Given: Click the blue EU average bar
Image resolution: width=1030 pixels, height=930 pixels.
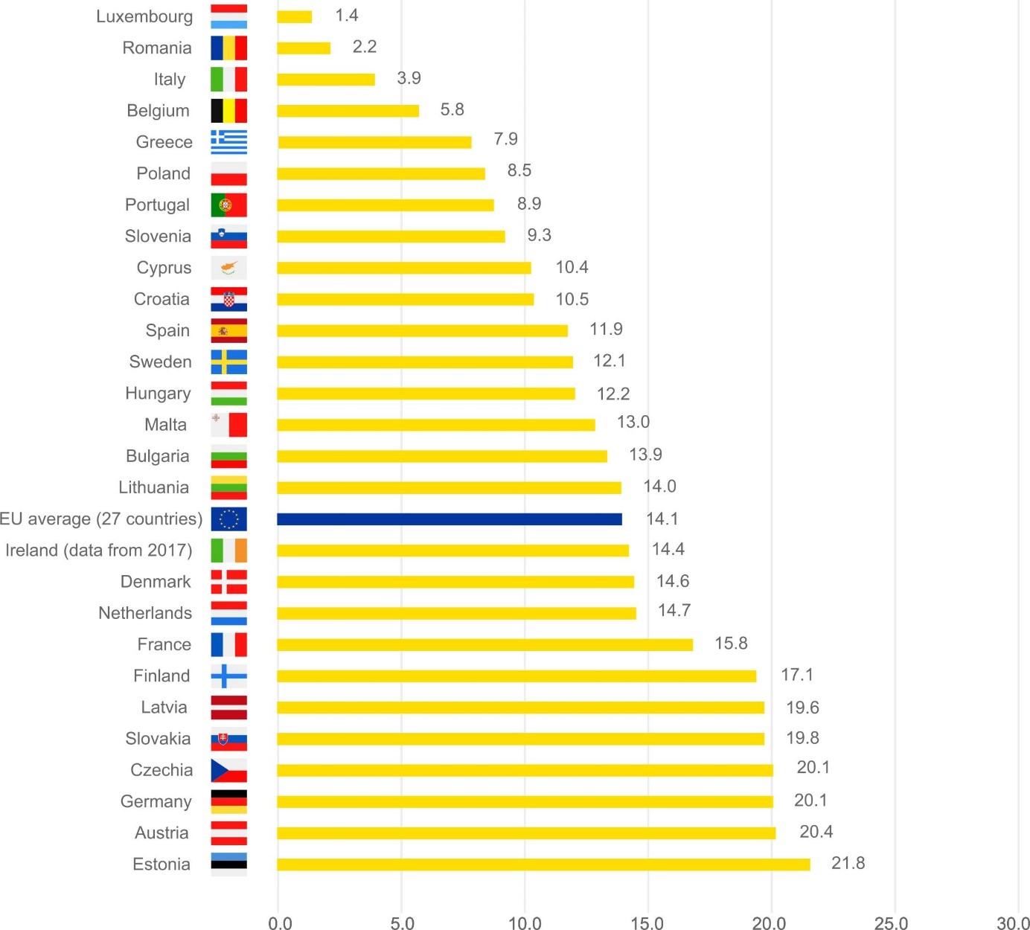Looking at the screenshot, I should coord(449,519).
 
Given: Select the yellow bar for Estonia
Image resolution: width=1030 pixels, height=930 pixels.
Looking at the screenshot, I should coord(543,865).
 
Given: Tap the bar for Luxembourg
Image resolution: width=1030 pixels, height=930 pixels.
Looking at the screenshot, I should coord(295,16).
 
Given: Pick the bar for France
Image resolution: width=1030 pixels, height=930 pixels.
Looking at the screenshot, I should coord(484,644).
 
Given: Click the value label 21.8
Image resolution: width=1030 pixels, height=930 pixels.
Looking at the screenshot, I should coord(848,863).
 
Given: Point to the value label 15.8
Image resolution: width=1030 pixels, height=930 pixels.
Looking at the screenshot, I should coord(731,644).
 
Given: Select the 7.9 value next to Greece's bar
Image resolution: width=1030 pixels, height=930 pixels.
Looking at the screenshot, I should coord(505,139).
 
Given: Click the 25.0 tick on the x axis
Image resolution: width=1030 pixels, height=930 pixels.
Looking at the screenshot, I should coord(891,923).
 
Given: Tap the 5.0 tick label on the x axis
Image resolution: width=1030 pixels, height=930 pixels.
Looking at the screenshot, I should coord(402,923).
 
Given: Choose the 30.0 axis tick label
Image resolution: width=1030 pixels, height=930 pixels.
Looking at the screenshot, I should coord(1013,923).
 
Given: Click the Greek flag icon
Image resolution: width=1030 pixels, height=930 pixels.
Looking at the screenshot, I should coord(228,142).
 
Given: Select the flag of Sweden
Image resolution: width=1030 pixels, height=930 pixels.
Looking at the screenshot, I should coord(228,362).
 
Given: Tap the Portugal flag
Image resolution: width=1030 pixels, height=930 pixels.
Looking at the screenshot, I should coord(228,205).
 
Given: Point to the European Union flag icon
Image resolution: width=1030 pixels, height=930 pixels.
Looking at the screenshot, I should coord(228,519).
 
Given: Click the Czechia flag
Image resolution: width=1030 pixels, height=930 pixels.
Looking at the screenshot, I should coord(228,770).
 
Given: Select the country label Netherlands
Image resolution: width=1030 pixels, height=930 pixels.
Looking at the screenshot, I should coord(145,613).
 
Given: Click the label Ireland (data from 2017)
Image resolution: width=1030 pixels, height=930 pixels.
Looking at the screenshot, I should coord(99,551).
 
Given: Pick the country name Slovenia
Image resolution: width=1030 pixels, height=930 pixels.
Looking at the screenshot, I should coord(158,237).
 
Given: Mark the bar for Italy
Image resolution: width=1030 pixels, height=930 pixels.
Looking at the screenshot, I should coord(326,80).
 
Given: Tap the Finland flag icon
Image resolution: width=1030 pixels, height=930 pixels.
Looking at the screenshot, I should coord(228,676).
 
